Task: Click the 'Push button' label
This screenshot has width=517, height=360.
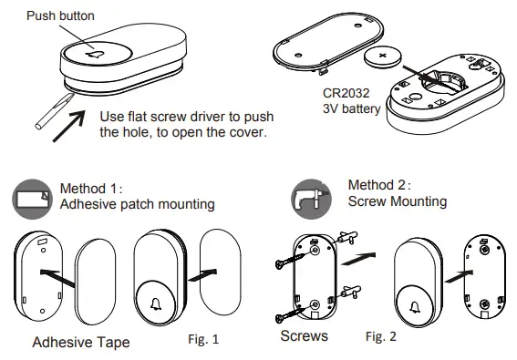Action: (60, 15)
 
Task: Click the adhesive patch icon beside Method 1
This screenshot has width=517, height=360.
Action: (32, 196)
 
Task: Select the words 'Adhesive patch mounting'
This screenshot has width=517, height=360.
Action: (137, 204)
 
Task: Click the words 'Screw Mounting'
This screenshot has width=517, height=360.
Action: (398, 201)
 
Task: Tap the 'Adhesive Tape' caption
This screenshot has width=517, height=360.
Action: (80, 343)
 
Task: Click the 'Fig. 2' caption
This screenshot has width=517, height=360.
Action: (382, 337)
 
